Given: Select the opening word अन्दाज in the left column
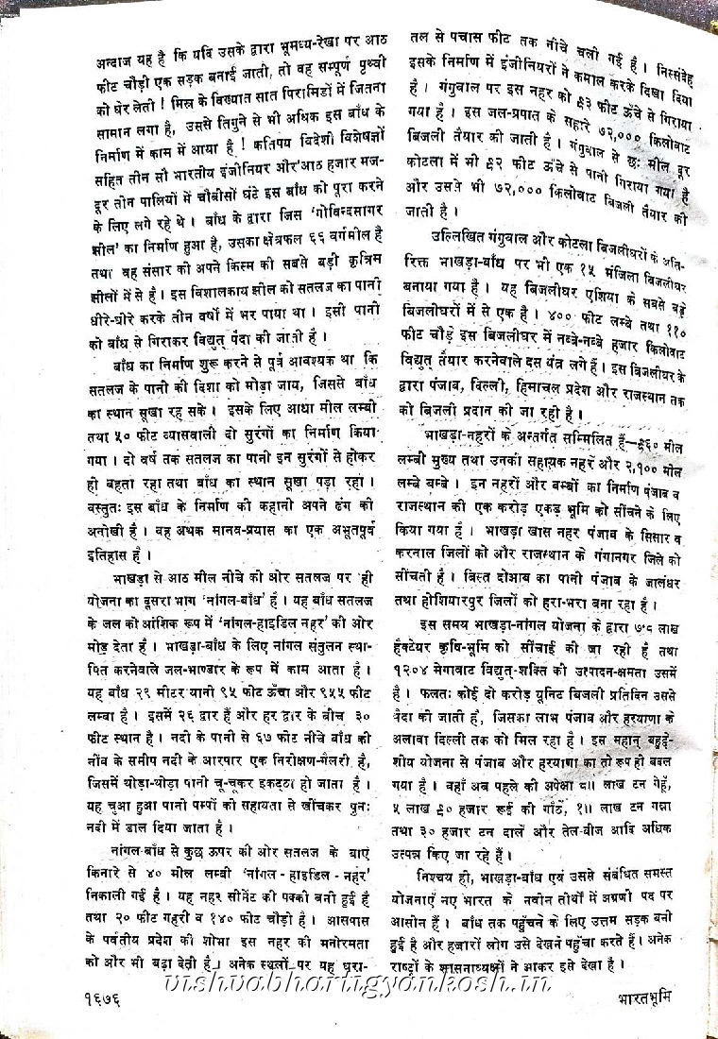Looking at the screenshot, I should coord(117,63).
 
